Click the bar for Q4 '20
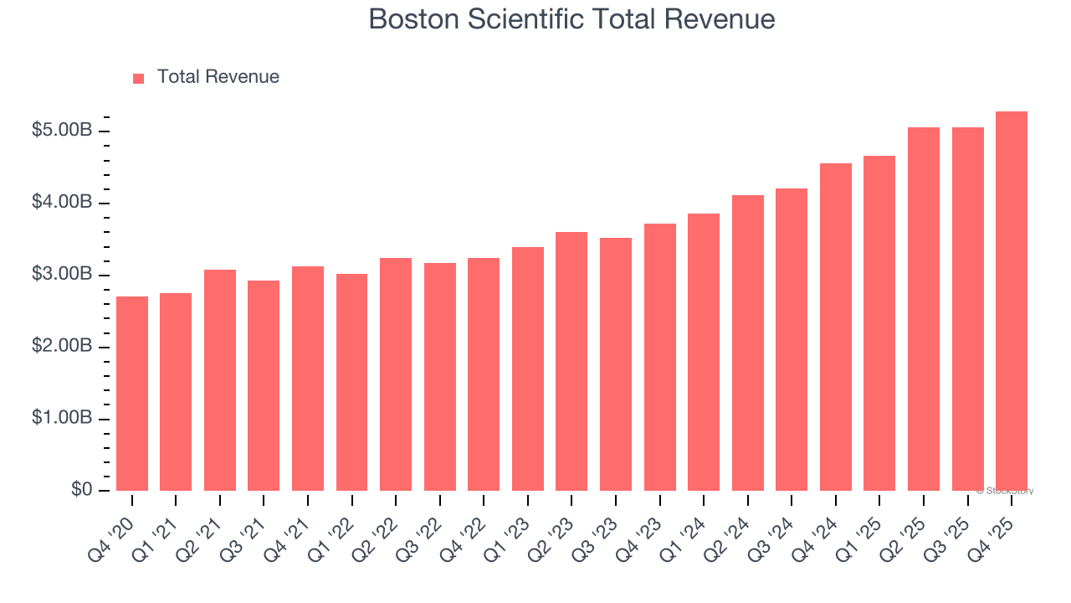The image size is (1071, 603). pyautogui.click(x=132, y=394)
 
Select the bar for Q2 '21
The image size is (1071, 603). pyautogui.click(x=220, y=380)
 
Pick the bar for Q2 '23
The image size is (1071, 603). pyautogui.click(x=571, y=361)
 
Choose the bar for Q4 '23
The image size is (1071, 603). pyautogui.click(x=659, y=357)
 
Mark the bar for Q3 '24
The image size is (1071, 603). pyautogui.click(x=792, y=339)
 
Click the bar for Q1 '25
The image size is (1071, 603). pyautogui.click(x=879, y=323)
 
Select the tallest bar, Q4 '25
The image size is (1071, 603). pyautogui.click(x=1012, y=301)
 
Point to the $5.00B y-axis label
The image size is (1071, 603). pyautogui.click(x=62, y=131)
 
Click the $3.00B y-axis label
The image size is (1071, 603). pyautogui.click(x=62, y=275)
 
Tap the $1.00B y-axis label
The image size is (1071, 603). pyautogui.click(x=62, y=418)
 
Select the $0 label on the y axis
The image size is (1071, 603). pyautogui.click(x=80, y=489)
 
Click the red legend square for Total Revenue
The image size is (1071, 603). pyautogui.click(x=139, y=78)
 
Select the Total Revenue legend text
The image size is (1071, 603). pyautogui.click(x=218, y=77)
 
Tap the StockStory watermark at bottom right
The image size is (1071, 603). pyautogui.click(x=1005, y=491)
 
